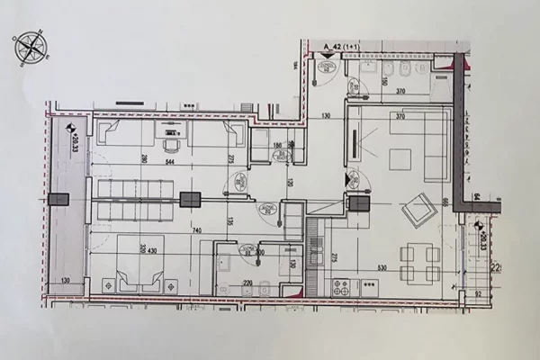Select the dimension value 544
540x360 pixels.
[x=169, y=163]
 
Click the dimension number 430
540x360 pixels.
[x=153, y=249]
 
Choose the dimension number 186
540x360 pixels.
[x=278, y=146]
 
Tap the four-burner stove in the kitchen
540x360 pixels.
[x=342, y=287]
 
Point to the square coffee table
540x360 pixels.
[x=400, y=158]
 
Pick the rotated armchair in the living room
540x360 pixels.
[x=418, y=212]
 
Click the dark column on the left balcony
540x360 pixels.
[x=60, y=199]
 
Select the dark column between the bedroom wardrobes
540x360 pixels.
[x=190, y=200]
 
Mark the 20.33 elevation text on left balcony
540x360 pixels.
[x=74, y=141]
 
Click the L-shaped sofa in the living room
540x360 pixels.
[x=423, y=144]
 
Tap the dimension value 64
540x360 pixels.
[x=477, y=195]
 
